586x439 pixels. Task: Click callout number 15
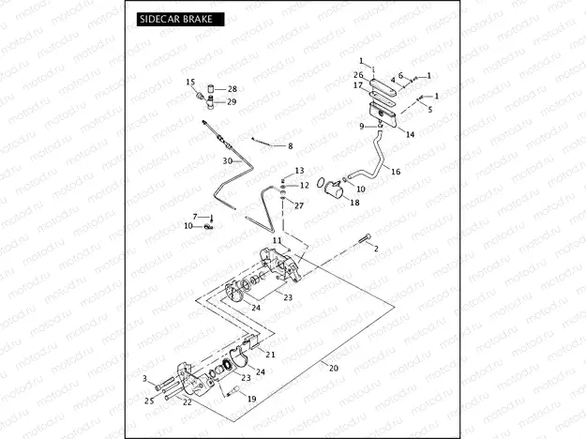click(189, 83)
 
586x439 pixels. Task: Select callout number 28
click(233, 89)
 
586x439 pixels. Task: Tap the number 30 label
click(226, 160)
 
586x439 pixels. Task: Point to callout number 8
click(290, 146)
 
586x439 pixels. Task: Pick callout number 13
click(299, 171)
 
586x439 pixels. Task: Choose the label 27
click(298, 204)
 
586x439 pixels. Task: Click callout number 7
click(195, 217)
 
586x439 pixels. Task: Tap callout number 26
click(358, 75)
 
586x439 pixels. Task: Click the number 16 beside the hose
click(395, 173)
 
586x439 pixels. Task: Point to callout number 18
click(353, 203)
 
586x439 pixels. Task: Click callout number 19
click(251, 399)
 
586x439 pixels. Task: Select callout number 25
click(148, 401)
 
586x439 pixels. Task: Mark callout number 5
click(430, 110)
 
